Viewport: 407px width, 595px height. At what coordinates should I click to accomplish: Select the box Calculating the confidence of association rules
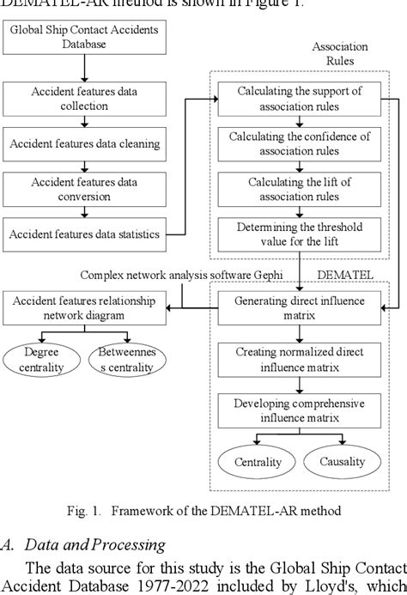tap(300, 143)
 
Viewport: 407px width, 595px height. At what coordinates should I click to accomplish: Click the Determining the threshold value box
tap(300, 233)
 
